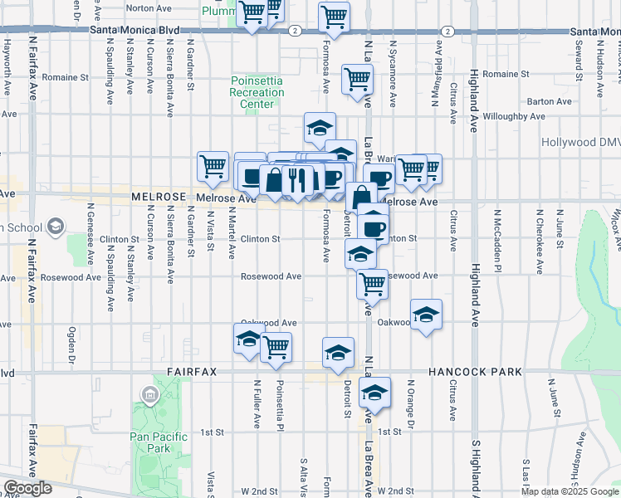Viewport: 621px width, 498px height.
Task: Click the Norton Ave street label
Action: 151,7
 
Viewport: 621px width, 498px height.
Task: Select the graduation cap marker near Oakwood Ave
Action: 426,315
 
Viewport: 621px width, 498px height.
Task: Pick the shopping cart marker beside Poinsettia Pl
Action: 276,347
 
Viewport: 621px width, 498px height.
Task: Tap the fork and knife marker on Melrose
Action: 296,179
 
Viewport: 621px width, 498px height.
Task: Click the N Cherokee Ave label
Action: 539,241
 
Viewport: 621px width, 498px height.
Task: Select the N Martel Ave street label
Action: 232,238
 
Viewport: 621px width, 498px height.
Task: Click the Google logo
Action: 27,488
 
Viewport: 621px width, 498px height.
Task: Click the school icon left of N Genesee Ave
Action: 56,226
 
